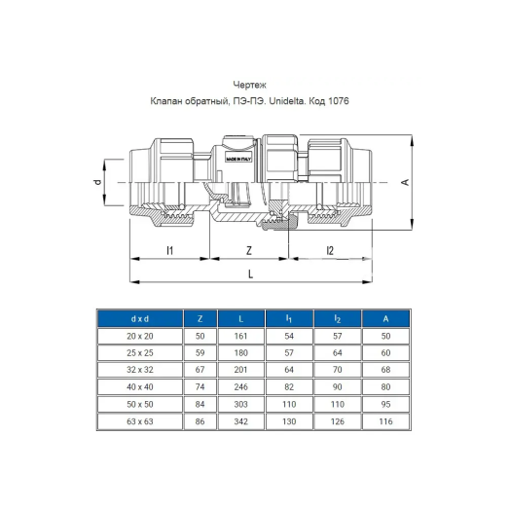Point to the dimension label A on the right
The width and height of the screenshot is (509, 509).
[402, 182]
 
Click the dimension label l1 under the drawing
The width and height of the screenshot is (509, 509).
[168, 250]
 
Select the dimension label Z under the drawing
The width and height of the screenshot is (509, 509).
[250, 250]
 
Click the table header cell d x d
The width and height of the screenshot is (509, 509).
[139, 318]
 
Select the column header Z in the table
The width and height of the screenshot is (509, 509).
[200, 318]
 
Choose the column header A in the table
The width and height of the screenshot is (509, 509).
[385, 318]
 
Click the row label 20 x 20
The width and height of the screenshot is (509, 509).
[139, 335]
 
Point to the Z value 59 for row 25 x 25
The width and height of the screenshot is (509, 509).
[200, 351]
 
